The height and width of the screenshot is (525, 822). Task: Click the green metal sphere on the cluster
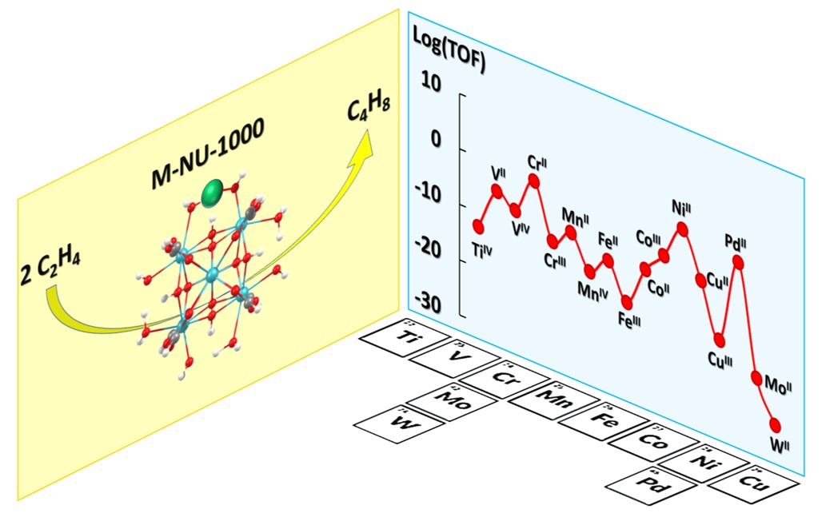tap(213, 194)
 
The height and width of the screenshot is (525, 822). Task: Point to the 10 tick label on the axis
tap(431, 83)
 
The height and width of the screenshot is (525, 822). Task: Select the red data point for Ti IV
tap(479, 226)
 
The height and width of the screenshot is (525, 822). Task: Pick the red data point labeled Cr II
tap(533, 181)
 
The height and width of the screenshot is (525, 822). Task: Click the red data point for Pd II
tap(738, 261)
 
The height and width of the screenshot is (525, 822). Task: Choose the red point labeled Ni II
tap(682, 229)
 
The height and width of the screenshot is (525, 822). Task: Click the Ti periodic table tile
tap(404, 337)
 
